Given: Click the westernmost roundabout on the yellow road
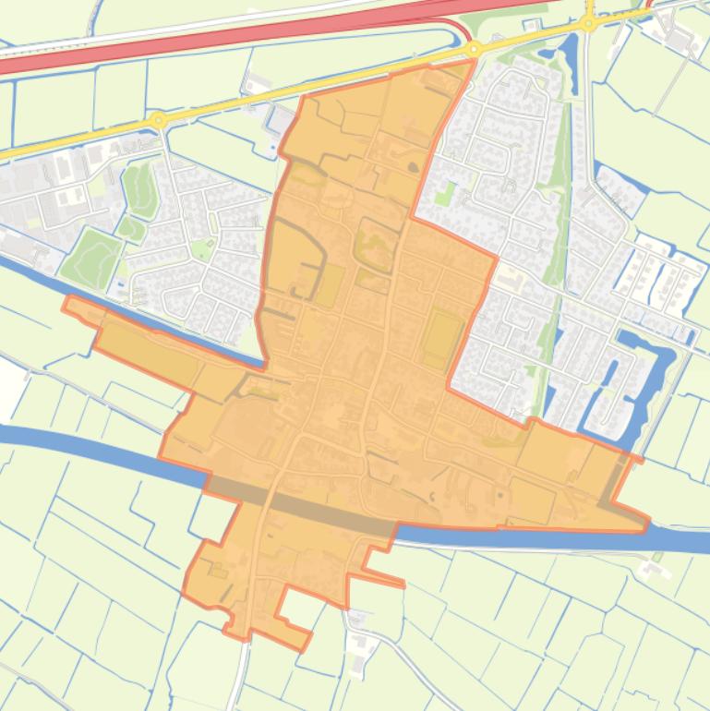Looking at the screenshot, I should (159, 120).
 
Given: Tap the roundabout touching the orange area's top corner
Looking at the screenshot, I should (475, 49).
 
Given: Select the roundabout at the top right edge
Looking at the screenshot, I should (589, 23).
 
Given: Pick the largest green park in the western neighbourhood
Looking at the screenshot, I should (90, 254).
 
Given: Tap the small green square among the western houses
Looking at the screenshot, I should (201, 247).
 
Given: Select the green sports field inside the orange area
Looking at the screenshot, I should (442, 338).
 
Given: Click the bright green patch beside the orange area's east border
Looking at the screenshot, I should (445, 195).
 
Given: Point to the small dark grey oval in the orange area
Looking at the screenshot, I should (412, 167).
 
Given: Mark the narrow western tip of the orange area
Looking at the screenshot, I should (70, 302).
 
